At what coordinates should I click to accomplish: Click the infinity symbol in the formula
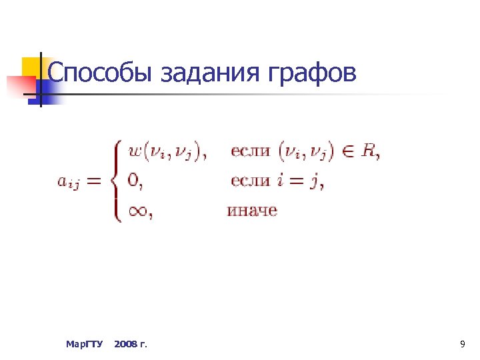[x=137, y=211]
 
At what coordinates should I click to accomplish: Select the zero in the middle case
[x=133, y=181]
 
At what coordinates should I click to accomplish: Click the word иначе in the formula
[x=252, y=211]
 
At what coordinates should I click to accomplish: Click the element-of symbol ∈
[x=347, y=151]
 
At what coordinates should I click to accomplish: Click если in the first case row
[x=250, y=151]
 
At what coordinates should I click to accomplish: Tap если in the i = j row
[x=250, y=181]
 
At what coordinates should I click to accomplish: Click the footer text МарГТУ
[x=85, y=344]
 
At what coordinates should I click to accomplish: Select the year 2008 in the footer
[x=125, y=344]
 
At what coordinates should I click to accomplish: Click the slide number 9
[x=462, y=344]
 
